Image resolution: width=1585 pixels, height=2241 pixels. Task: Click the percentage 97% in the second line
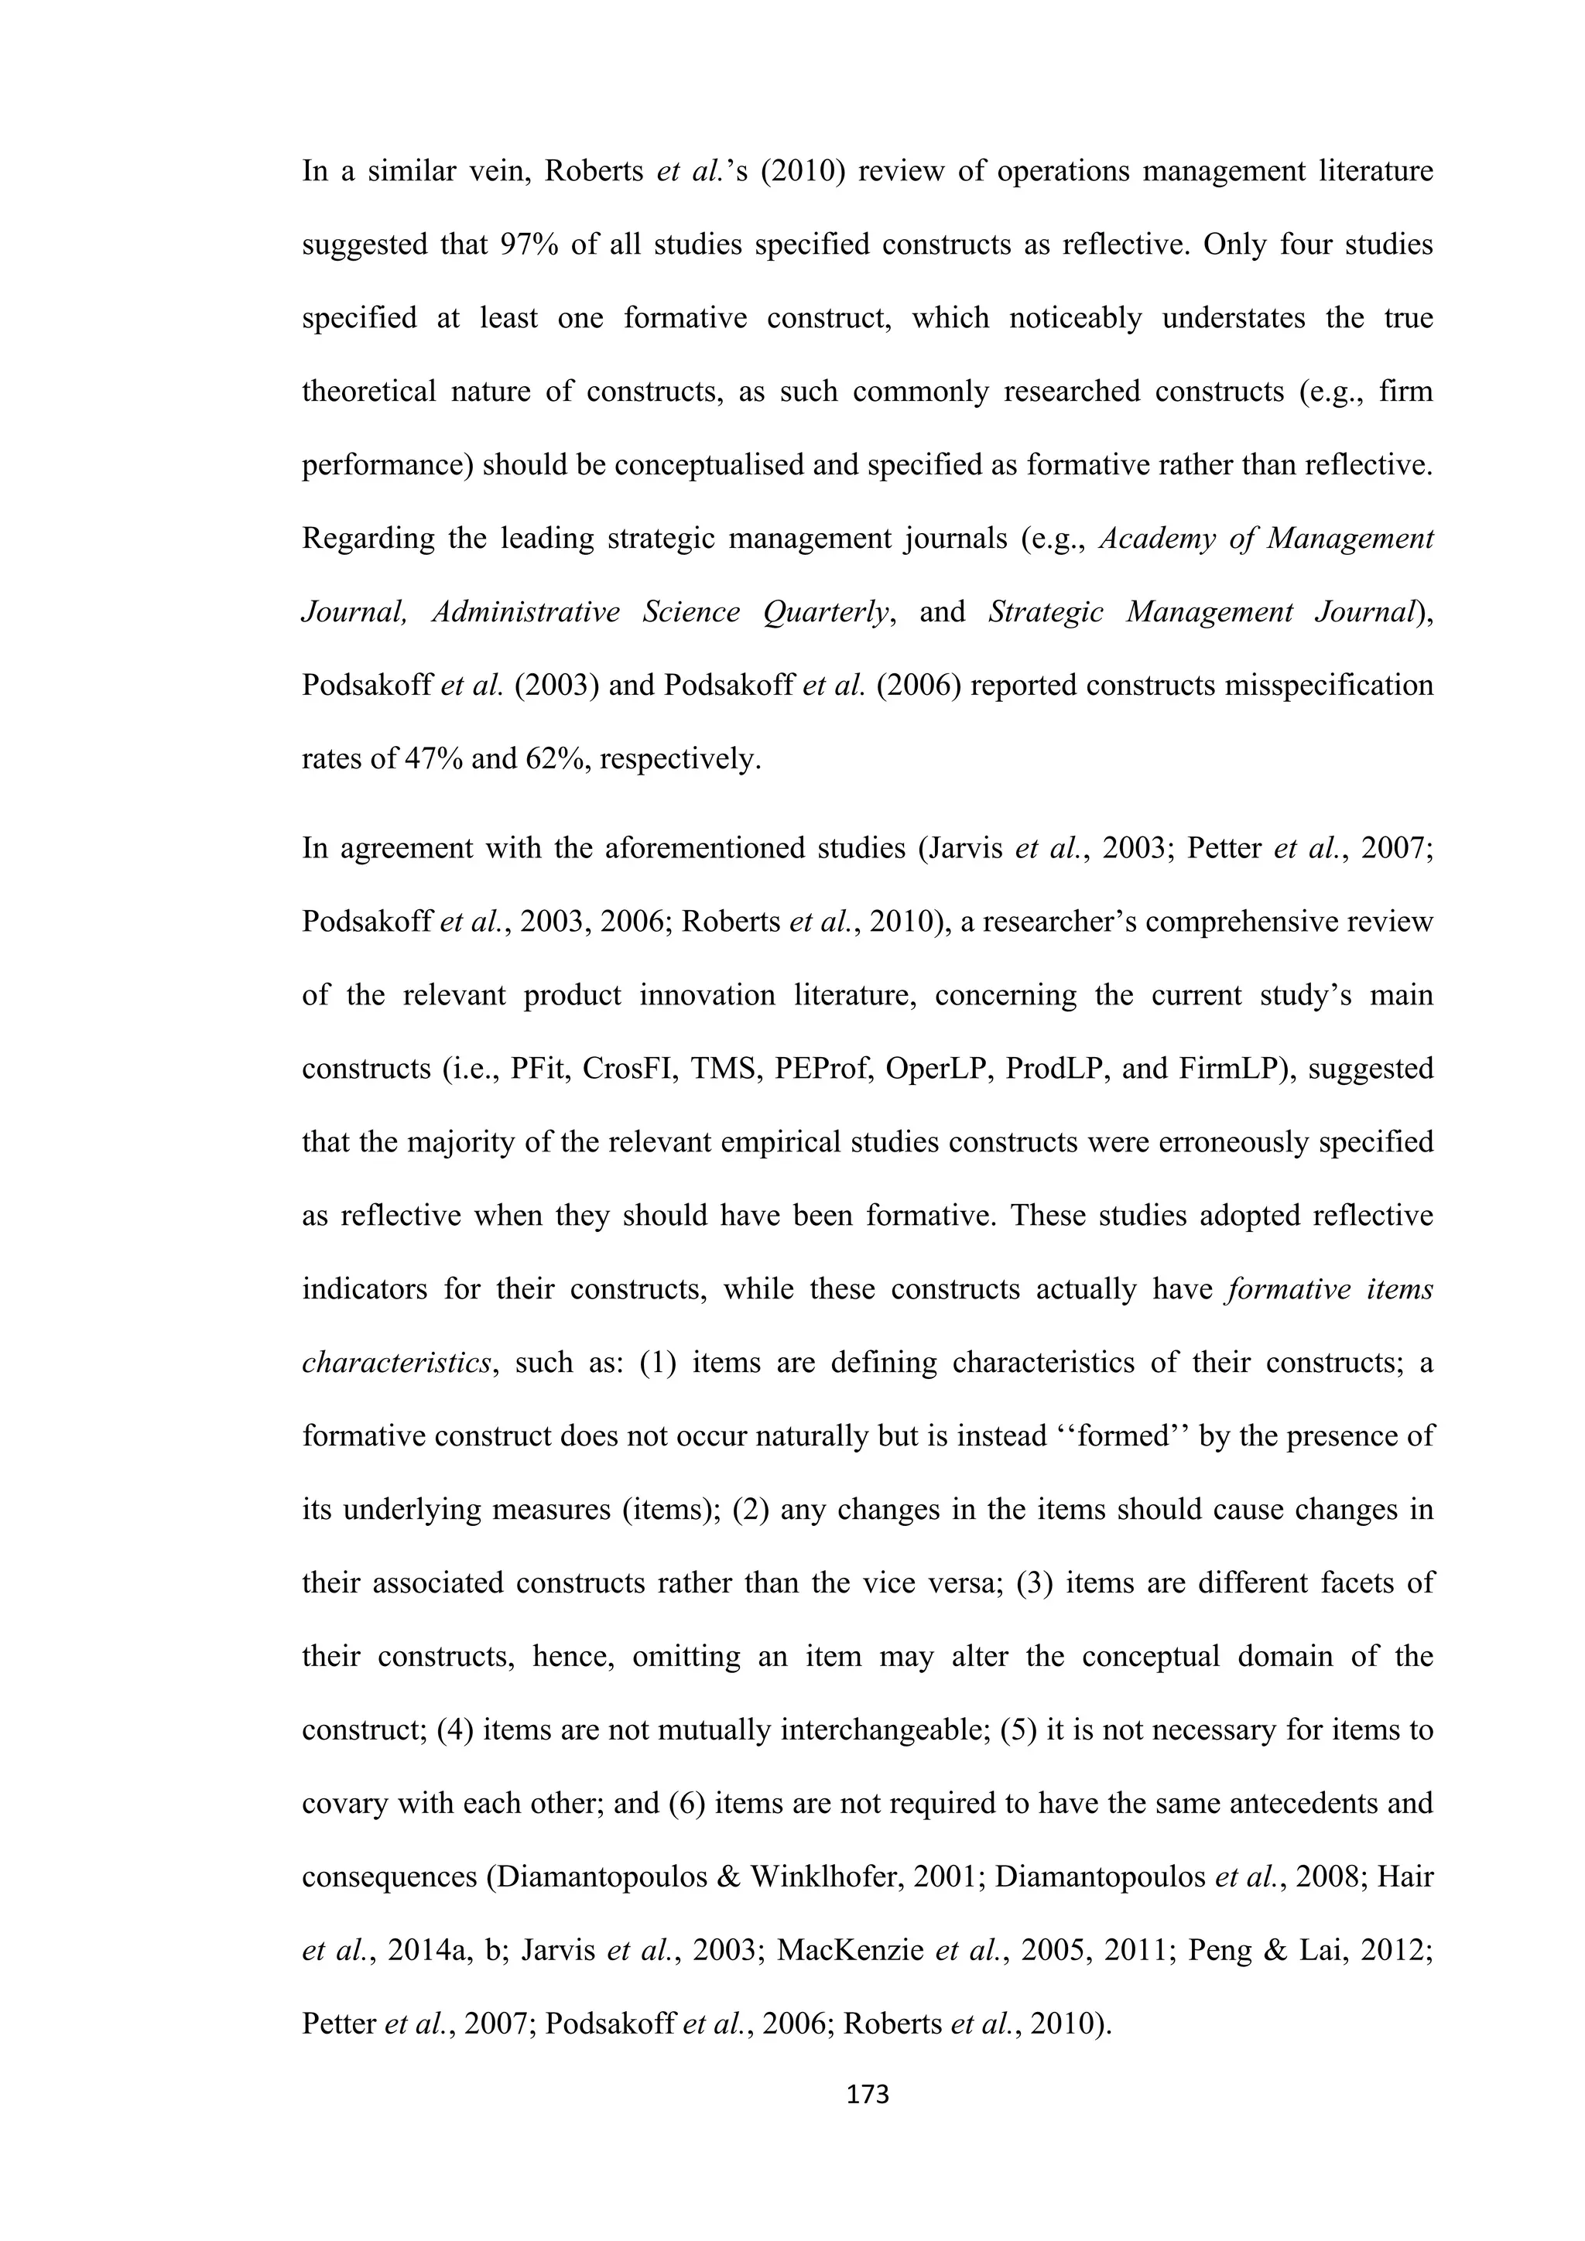(530, 244)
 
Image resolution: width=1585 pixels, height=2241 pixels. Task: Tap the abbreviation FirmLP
(1229, 1069)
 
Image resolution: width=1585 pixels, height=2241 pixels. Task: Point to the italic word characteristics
(396, 1363)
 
